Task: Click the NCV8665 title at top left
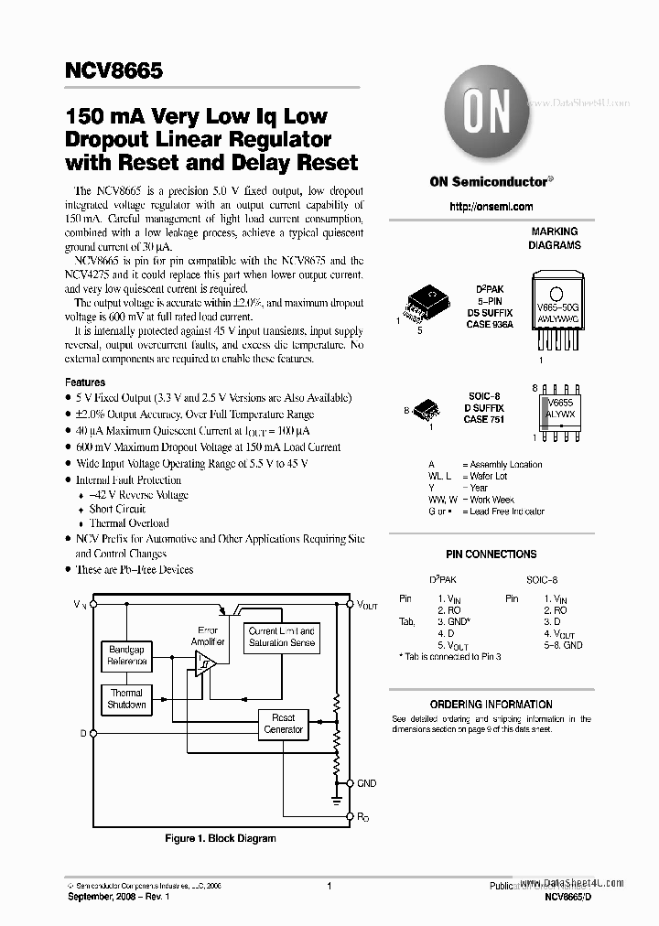point(103,70)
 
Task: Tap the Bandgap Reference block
point(127,655)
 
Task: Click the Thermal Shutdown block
point(127,699)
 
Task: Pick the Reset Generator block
point(283,724)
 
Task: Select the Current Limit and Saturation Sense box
point(282,637)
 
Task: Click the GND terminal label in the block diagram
point(367,784)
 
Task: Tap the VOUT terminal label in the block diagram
point(368,606)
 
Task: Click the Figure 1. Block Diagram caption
point(220,838)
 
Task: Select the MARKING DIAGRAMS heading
point(555,239)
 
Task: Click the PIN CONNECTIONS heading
point(491,555)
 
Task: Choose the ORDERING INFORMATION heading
point(491,705)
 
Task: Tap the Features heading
point(85,382)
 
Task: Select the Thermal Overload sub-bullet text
point(129,523)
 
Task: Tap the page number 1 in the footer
point(329,886)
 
